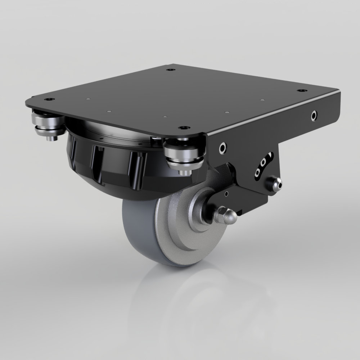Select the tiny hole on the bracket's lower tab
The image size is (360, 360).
click(x=226, y=194)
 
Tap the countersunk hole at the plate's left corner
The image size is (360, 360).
click(x=51, y=99)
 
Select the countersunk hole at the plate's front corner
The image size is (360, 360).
click(x=184, y=128)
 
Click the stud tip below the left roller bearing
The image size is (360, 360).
click(x=51, y=138)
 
